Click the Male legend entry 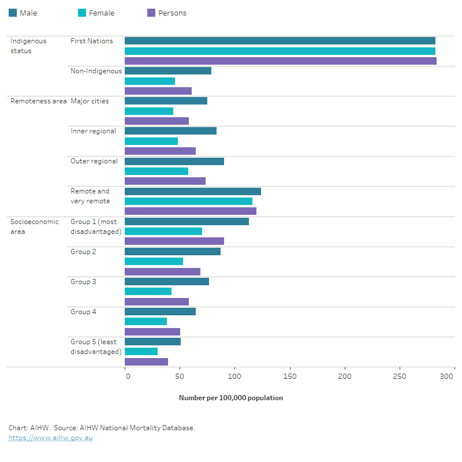coord(23,13)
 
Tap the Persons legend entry coord(167,13)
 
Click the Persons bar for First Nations coord(280,61)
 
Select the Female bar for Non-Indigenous coord(150,81)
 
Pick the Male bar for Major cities coord(166,101)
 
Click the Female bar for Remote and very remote coord(188,201)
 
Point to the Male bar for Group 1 coord(187,221)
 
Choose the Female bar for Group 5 coord(141,351)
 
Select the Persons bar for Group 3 coord(157,301)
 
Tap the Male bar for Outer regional coord(174,161)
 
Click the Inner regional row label coord(93,131)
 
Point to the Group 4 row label coord(83,312)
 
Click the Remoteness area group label coord(38,101)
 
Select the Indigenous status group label coord(28,46)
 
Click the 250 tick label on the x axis coord(400,376)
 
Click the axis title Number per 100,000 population coord(230,398)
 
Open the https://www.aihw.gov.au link coord(50,438)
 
